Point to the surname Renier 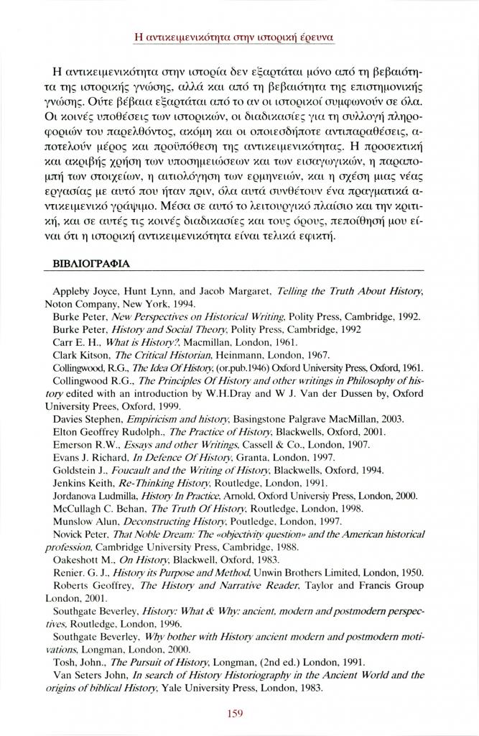(68, 573)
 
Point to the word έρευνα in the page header (317, 34)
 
